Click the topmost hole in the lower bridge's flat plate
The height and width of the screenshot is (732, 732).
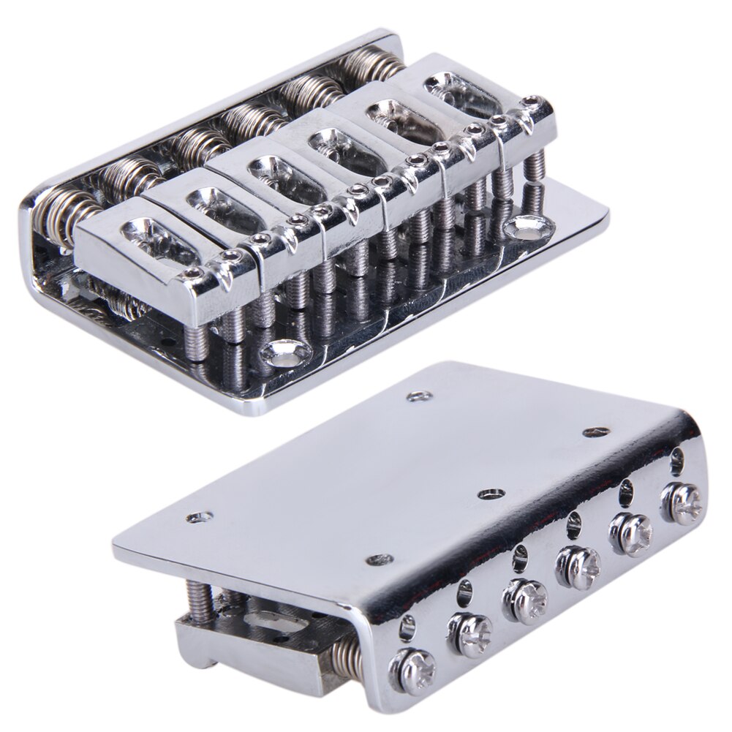tap(418, 396)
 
